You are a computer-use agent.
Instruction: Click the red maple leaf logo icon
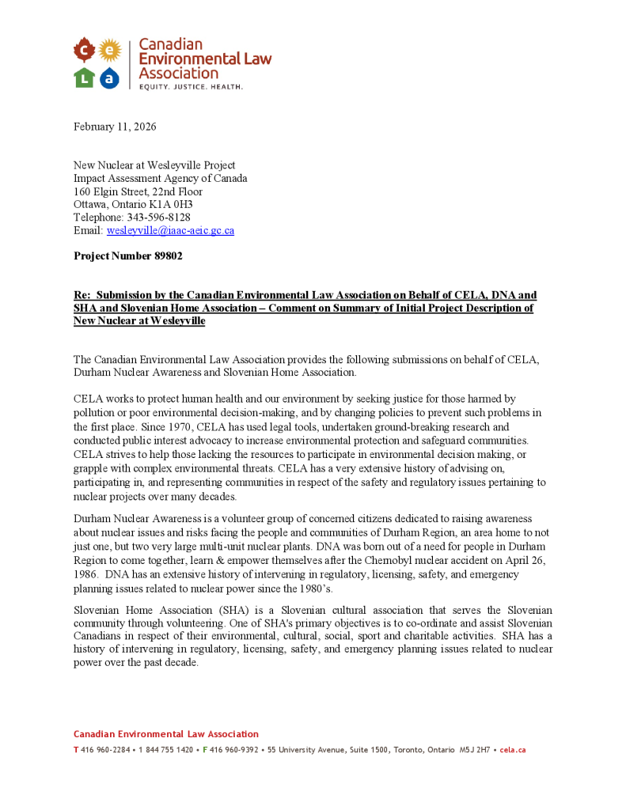click(x=84, y=51)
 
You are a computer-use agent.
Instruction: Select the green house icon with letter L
click(x=84, y=77)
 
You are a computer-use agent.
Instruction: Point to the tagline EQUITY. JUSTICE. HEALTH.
click(x=191, y=86)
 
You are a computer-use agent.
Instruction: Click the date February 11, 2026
click(x=115, y=127)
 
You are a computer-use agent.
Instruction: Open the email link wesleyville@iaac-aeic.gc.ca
click(x=170, y=230)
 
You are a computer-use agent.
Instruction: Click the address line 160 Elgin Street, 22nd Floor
click(x=138, y=191)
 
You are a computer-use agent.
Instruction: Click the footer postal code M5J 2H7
click(x=473, y=749)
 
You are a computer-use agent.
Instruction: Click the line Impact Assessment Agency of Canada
click(x=161, y=179)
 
